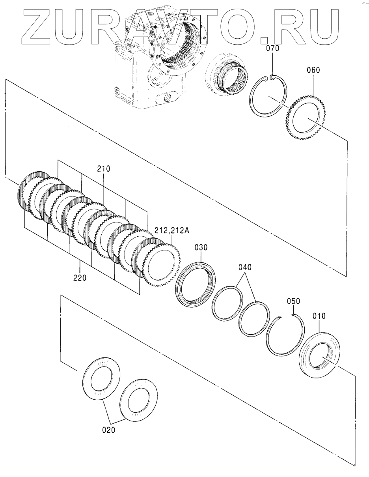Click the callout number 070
pos(272,49)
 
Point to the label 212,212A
pos(167,231)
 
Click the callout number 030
pos(201,247)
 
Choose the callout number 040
pos(244,267)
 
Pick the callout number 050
pos(293,301)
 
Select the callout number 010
pos(319,316)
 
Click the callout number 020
pos(108,430)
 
